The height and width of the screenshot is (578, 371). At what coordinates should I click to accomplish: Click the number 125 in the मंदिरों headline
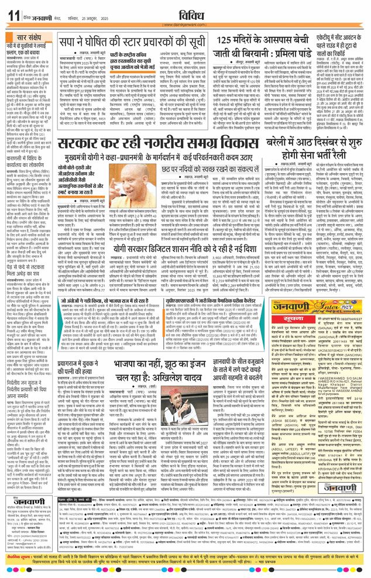pos(228,40)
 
